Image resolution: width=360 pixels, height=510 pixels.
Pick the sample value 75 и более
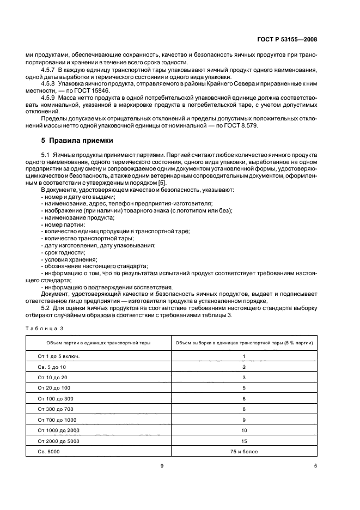244,452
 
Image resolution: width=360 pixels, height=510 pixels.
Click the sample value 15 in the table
244,441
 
